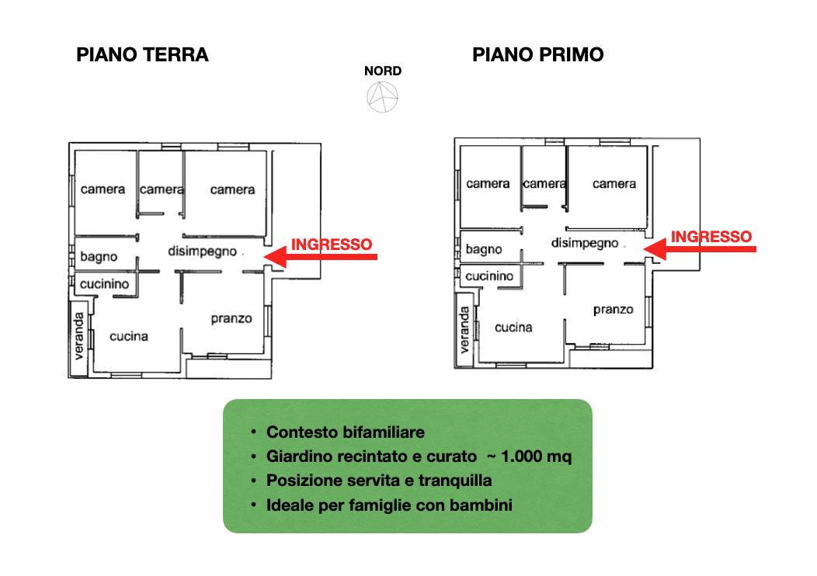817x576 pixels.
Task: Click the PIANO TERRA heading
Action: (x=142, y=54)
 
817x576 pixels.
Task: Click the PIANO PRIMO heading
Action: (x=537, y=54)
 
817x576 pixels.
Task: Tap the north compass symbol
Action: (x=382, y=97)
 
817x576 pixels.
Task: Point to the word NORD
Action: (x=383, y=71)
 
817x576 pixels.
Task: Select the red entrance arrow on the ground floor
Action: (x=321, y=256)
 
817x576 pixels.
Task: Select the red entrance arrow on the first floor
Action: (x=700, y=248)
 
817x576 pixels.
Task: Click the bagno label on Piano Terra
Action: (x=99, y=257)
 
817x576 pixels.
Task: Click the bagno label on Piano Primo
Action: (x=484, y=249)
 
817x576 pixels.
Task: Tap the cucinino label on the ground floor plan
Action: (x=104, y=284)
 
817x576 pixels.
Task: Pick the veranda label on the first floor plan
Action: (x=464, y=330)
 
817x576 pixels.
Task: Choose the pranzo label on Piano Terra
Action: (x=231, y=319)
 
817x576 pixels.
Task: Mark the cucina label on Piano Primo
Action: (x=513, y=328)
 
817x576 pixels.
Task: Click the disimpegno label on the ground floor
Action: (x=202, y=252)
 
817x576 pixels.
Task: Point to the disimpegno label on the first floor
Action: (x=585, y=243)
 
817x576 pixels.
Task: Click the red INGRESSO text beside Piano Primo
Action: (x=711, y=237)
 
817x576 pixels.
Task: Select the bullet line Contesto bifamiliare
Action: (x=346, y=432)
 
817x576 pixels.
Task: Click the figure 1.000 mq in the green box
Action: (x=536, y=456)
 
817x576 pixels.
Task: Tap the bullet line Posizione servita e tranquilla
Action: (x=379, y=481)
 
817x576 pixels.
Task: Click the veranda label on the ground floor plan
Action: (x=78, y=336)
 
